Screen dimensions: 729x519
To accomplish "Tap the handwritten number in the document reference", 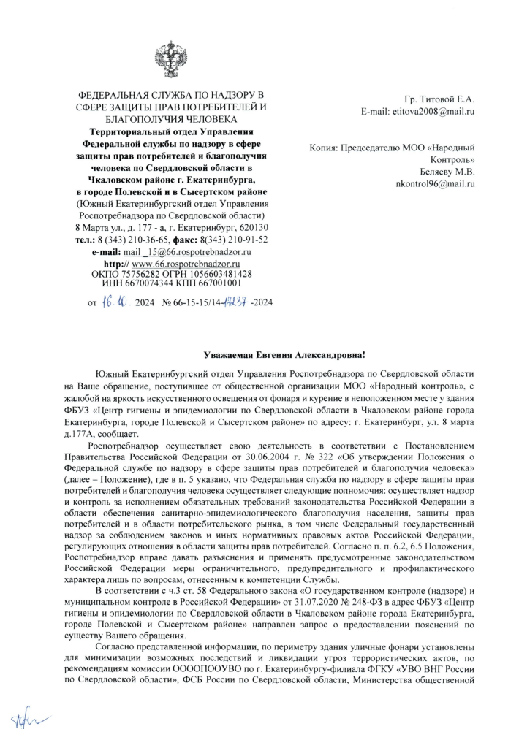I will click(x=235, y=299).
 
